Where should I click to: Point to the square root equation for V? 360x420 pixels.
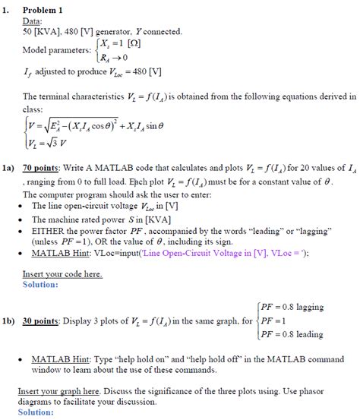(x=96, y=126)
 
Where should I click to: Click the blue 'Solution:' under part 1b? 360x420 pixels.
(x=35, y=412)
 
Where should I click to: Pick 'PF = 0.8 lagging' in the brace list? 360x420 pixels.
(x=292, y=308)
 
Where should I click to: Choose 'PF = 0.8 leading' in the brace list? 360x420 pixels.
(x=292, y=334)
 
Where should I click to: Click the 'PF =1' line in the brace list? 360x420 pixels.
(x=272, y=321)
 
